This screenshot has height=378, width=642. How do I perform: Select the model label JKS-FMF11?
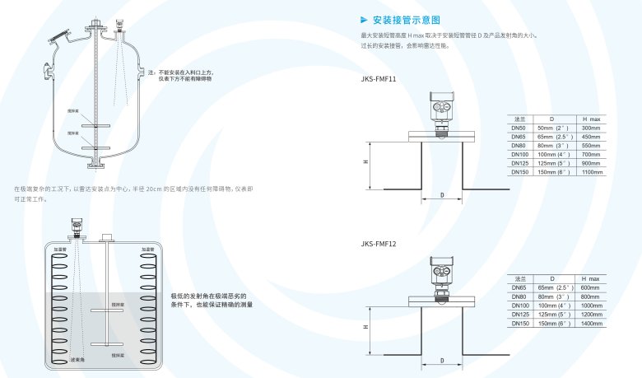pos(379,80)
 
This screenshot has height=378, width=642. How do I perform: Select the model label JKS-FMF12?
pos(379,244)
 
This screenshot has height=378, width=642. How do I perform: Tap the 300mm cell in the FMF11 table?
pos(591,128)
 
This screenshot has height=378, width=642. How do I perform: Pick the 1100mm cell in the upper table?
pos(591,172)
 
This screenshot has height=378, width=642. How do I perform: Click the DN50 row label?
pos(519,128)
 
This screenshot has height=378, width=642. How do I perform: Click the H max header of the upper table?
pos(591,119)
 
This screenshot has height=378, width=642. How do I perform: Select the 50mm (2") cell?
pos(553,128)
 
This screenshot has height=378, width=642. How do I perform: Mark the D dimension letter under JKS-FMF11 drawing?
pos(442,195)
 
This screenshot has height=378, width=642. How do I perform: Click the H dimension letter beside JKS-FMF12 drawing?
pos(365,327)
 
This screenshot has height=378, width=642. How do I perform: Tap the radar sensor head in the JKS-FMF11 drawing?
pos(442,105)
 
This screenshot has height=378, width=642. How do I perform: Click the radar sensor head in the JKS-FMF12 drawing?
pos(442,269)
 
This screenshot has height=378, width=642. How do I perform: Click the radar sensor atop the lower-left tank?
pos(77,225)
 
